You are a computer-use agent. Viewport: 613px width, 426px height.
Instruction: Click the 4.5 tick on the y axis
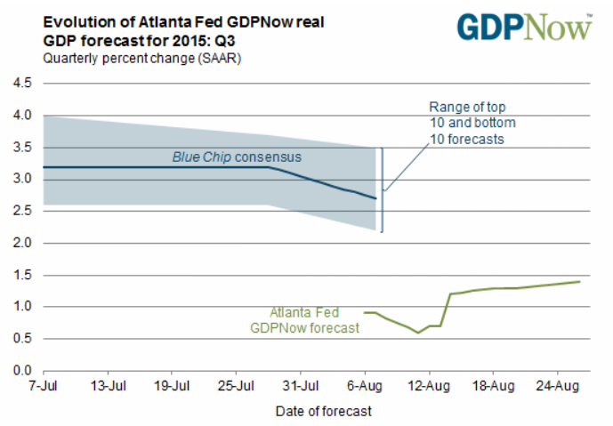pyautogui.click(x=21, y=84)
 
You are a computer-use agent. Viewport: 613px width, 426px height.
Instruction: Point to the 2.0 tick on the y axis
pyautogui.click(x=21, y=243)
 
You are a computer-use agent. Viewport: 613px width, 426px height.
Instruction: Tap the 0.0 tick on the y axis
pyautogui.click(x=21, y=370)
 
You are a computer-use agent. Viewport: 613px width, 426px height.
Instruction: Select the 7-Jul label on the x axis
pyautogui.click(x=43, y=388)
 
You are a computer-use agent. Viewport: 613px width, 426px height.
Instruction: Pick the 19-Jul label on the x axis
pyautogui.click(x=172, y=388)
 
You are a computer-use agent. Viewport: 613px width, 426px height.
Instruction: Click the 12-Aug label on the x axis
pyautogui.click(x=429, y=388)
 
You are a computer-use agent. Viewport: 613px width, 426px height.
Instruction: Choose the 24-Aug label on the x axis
pyautogui.click(x=557, y=388)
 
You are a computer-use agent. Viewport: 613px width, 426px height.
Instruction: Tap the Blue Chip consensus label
pyautogui.click(x=237, y=157)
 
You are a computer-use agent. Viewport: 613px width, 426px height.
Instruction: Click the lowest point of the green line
pyautogui.click(x=418, y=333)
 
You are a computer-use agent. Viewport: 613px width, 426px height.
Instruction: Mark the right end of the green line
pyautogui.click(x=580, y=281)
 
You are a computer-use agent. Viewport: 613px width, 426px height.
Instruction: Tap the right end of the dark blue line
pyautogui.click(x=375, y=198)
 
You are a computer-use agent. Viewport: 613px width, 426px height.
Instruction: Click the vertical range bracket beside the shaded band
pyautogui.click(x=383, y=189)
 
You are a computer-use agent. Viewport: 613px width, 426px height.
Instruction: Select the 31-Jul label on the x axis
pyautogui.click(x=300, y=388)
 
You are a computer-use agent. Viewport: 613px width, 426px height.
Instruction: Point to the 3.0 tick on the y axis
pyautogui.click(x=21, y=180)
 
